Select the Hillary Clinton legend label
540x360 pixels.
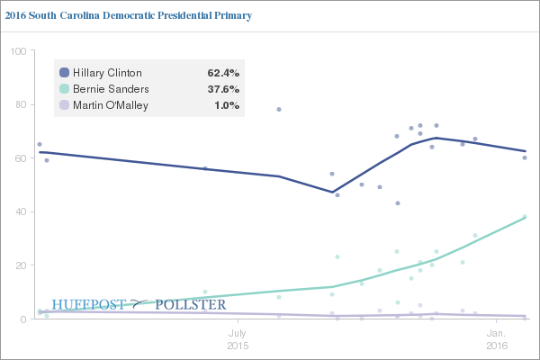tap(107, 73)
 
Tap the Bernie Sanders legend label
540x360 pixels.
tap(111, 89)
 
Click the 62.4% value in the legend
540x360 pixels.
tap(222, 73)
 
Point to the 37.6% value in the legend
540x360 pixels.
tap(222, 89)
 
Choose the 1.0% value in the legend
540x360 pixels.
tap(226, 106)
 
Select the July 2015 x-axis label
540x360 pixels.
tap(238, 339)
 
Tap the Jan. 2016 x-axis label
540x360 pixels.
tap(498, 339)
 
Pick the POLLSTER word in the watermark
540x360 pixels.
tap(190, 305)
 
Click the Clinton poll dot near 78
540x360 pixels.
tap(279, 109)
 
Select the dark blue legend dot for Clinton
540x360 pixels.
tap(64, 73)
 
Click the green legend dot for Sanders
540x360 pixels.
tap(64, 89)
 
